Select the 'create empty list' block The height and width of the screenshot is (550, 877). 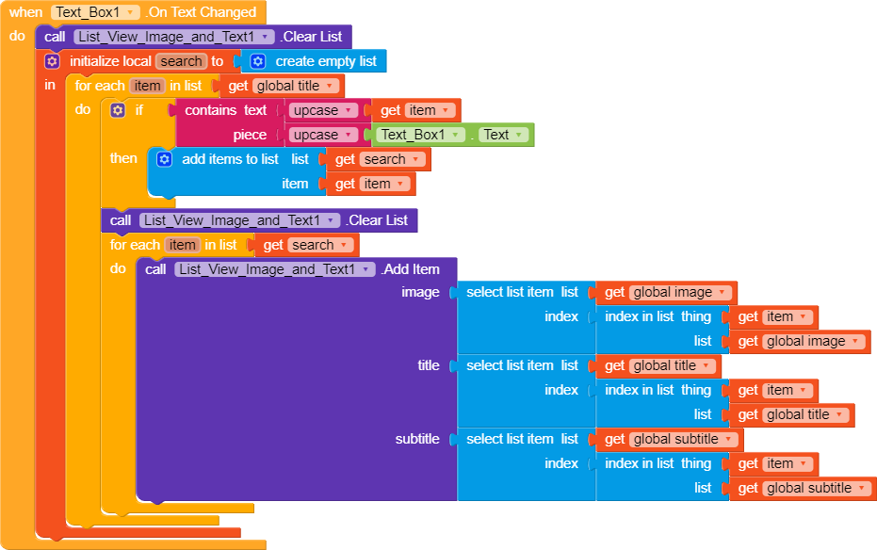click(x=325, y=61)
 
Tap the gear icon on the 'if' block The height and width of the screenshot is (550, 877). click(x=118, y=110)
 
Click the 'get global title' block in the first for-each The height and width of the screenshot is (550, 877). click(x=283, y=86)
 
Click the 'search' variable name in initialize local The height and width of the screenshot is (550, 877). click(x=181, y=61)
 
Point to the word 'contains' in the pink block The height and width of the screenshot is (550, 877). click(x=211, y=110)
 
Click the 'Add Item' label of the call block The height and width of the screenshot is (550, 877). click(x=413, y=269)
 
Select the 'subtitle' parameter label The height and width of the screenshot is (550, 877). click(x=417, y=439)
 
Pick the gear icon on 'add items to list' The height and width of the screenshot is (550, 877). click(x=164, y=159)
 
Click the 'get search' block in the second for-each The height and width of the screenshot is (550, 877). click(x=307, y=245)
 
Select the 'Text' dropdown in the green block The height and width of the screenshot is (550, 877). click(x=495, y=135)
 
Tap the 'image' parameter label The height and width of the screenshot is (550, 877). click(x=420, y=292)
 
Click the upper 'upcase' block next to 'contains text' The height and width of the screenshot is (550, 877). click(x=321, y=110)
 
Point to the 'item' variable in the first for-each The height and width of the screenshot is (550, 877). click(x=147, y=86)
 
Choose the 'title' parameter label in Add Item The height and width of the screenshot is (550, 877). click(x=429, y=365)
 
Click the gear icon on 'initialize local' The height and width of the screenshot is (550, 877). click(x=52, y=61)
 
